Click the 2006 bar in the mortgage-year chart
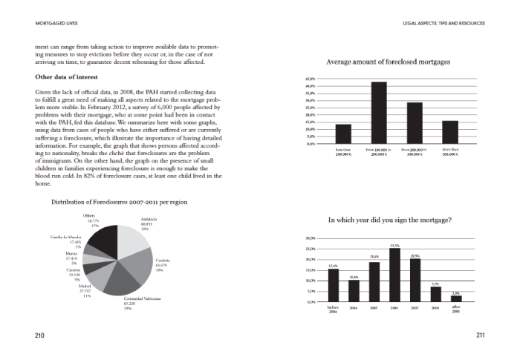tap(395, 275)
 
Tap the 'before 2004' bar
tap(334, 285)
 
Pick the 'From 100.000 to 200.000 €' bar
tap(379, 112)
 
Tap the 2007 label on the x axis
tap(415, 307)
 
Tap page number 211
tap(479, 336)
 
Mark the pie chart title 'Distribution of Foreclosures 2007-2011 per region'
tap(119, 202)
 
